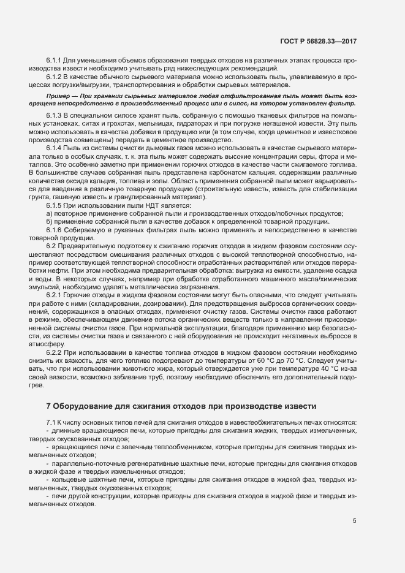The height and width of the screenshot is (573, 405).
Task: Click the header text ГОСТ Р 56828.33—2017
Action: tap(317, 41)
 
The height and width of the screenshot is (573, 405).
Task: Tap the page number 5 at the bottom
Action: tap(355, 521)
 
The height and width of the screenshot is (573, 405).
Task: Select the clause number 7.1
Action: tap(51, 423)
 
